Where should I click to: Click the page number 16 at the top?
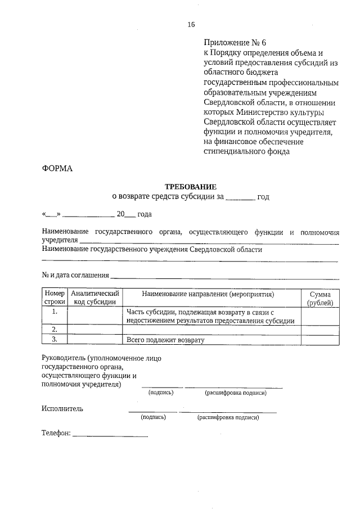(x=191, y=24)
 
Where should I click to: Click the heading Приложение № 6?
(x=232, y=42)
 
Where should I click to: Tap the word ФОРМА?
(x=57, y=168)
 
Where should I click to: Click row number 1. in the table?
(x=55, y=312)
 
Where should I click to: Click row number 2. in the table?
(x=55, y=329)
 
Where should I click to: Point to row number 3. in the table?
(x=55, y=339)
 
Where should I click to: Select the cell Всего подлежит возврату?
(x=165, y=340)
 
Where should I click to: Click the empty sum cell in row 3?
(x=320, y=339)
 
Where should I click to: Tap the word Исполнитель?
(x=62, y=408)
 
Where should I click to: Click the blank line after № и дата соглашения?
(x=225, y=277)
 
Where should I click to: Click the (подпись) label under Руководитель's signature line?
(x=161, y=393)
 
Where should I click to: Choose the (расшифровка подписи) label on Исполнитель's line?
(x=228, y=418)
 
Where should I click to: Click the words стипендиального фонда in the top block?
(x=247, y=151)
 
